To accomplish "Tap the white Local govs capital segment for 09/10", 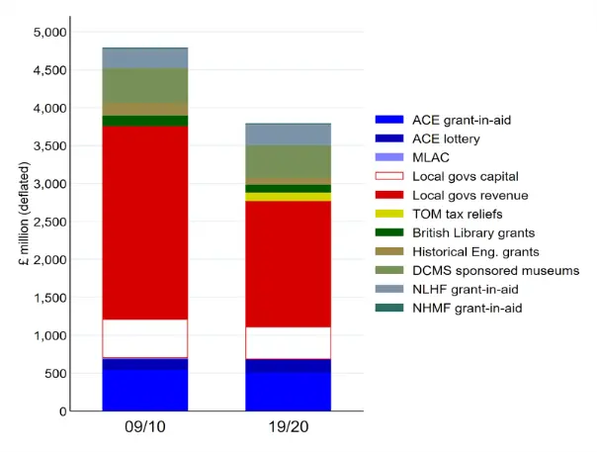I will (145, 338).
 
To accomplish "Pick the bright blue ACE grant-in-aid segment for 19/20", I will (288, 391).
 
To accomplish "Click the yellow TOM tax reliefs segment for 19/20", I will (288, 197).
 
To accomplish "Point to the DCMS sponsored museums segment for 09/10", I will (145, 85).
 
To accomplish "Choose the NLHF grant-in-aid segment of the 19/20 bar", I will (288, 135).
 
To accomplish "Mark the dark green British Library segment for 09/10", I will (145, 121).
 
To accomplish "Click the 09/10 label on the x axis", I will (145, 431).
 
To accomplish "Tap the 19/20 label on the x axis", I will (288, 431).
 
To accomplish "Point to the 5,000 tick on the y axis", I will (46, 33).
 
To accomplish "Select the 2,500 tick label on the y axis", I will (46, 222).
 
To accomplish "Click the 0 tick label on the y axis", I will (61, 410).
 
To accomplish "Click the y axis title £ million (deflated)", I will (20, 222).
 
